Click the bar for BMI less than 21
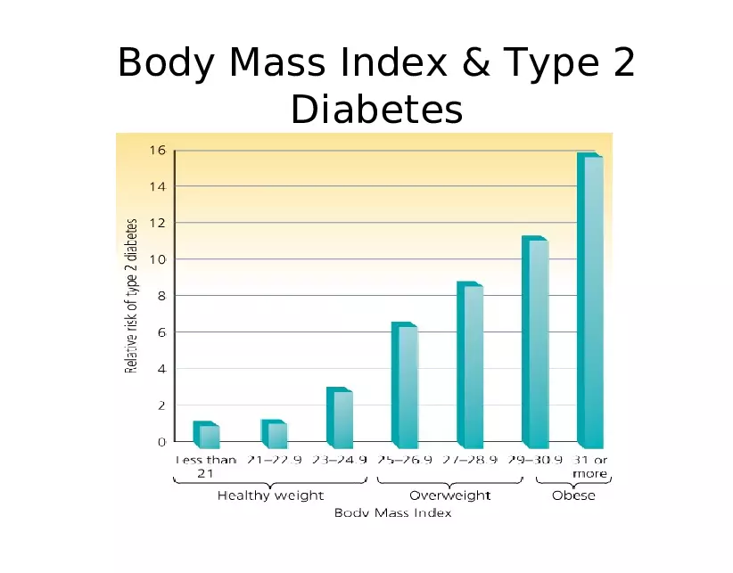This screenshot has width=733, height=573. click(207, 435)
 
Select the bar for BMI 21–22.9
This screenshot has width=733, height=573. click(275, 434)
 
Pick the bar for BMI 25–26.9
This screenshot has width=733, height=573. click(406, 386)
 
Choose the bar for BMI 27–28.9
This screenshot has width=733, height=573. click(471, 365)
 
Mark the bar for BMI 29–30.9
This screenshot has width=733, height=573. click(536, 343)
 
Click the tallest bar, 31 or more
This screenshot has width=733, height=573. click(591, 300)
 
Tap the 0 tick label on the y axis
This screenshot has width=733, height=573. click(161, 442)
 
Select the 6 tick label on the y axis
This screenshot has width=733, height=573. click(161, 332)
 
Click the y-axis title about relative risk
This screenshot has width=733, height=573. click(131, 296)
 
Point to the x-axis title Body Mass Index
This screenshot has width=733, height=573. click(392, 513)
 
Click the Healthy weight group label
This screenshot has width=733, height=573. click(270, 495)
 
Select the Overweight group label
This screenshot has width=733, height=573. click(449, 495)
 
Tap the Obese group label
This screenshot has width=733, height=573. click(573, 495)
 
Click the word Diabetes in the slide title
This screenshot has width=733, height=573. click(376, 111)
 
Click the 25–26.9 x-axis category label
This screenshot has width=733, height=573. click(406, 461)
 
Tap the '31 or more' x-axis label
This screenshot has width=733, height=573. click(589, 467)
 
